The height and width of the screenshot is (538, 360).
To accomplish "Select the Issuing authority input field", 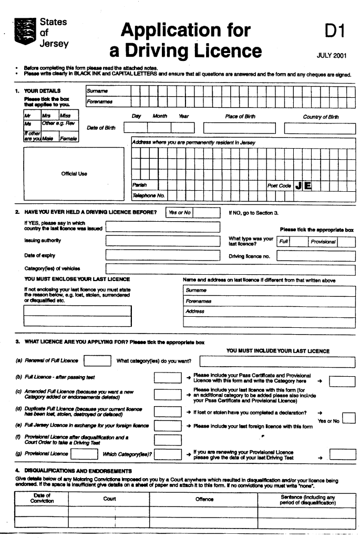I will click(x=161, y=241).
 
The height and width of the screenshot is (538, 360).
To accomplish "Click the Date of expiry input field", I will click(x=161, y=255).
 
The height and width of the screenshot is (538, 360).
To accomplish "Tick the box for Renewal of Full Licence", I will click(x=97, y=360).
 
